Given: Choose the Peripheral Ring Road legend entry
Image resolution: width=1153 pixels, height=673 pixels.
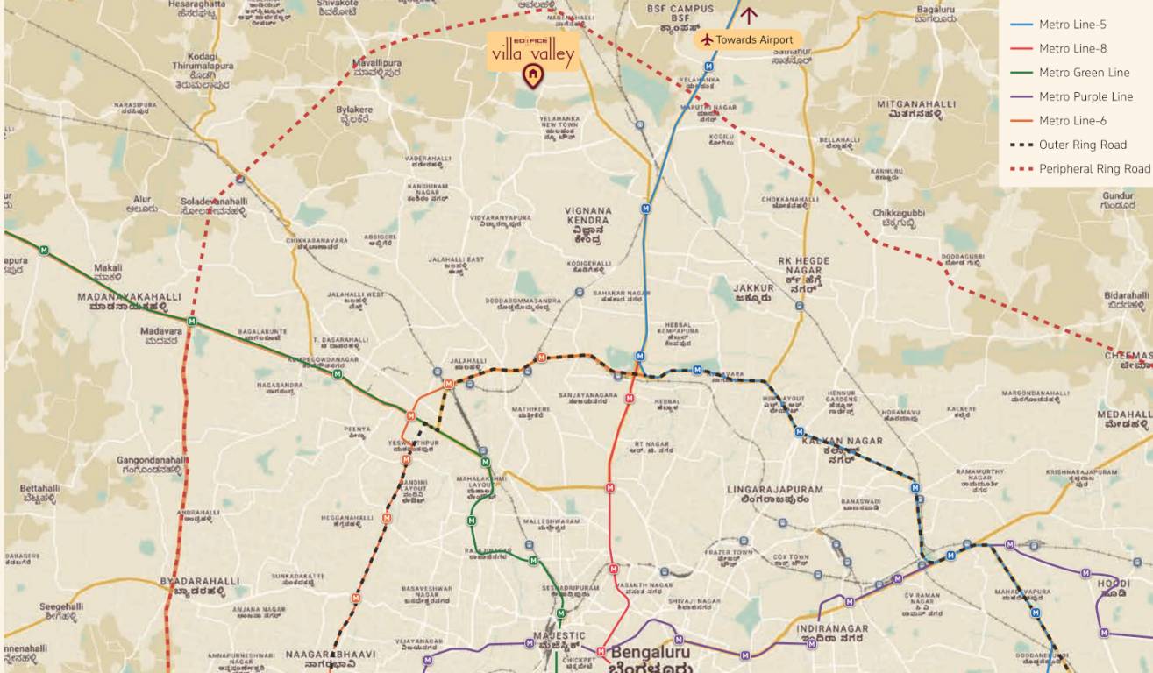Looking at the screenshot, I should coord(1093,168).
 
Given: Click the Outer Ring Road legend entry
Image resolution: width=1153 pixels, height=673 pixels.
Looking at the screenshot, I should coord(1082,145).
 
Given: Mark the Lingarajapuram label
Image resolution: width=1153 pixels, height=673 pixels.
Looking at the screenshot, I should coord(774,494).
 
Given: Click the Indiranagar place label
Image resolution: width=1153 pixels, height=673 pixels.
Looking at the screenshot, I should coord(832,634).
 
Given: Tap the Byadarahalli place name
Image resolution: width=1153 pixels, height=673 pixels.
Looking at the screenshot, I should coord(199,585).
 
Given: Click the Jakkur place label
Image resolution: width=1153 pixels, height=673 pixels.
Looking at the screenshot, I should coord(753,292).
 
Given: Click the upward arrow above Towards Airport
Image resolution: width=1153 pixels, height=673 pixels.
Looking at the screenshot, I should coord(748,14).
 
